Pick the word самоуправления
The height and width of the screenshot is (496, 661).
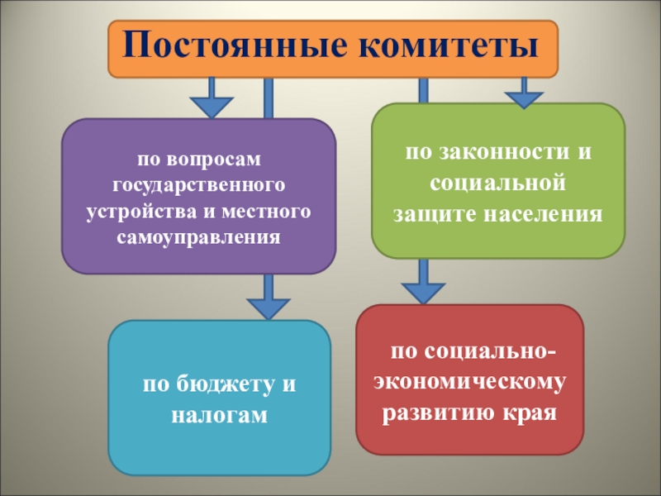[x=198, y=238]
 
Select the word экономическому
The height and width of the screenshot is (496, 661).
[x=469, y=383]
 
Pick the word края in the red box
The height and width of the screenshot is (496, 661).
[x=530, y=412]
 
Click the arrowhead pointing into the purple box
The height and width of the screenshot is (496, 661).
[x=213, y=107]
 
